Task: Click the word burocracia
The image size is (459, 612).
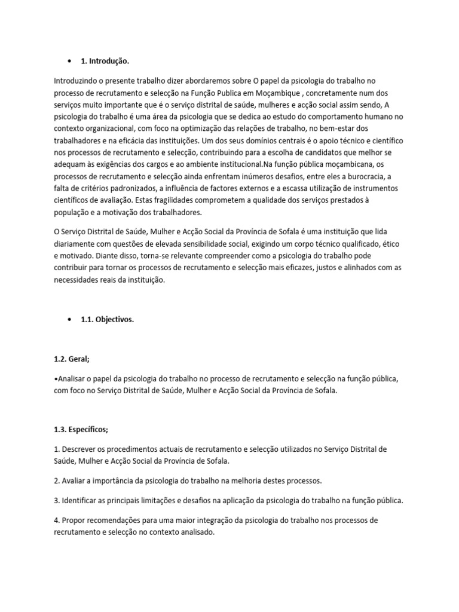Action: click(363, 178)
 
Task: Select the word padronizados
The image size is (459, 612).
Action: click(136, 188)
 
